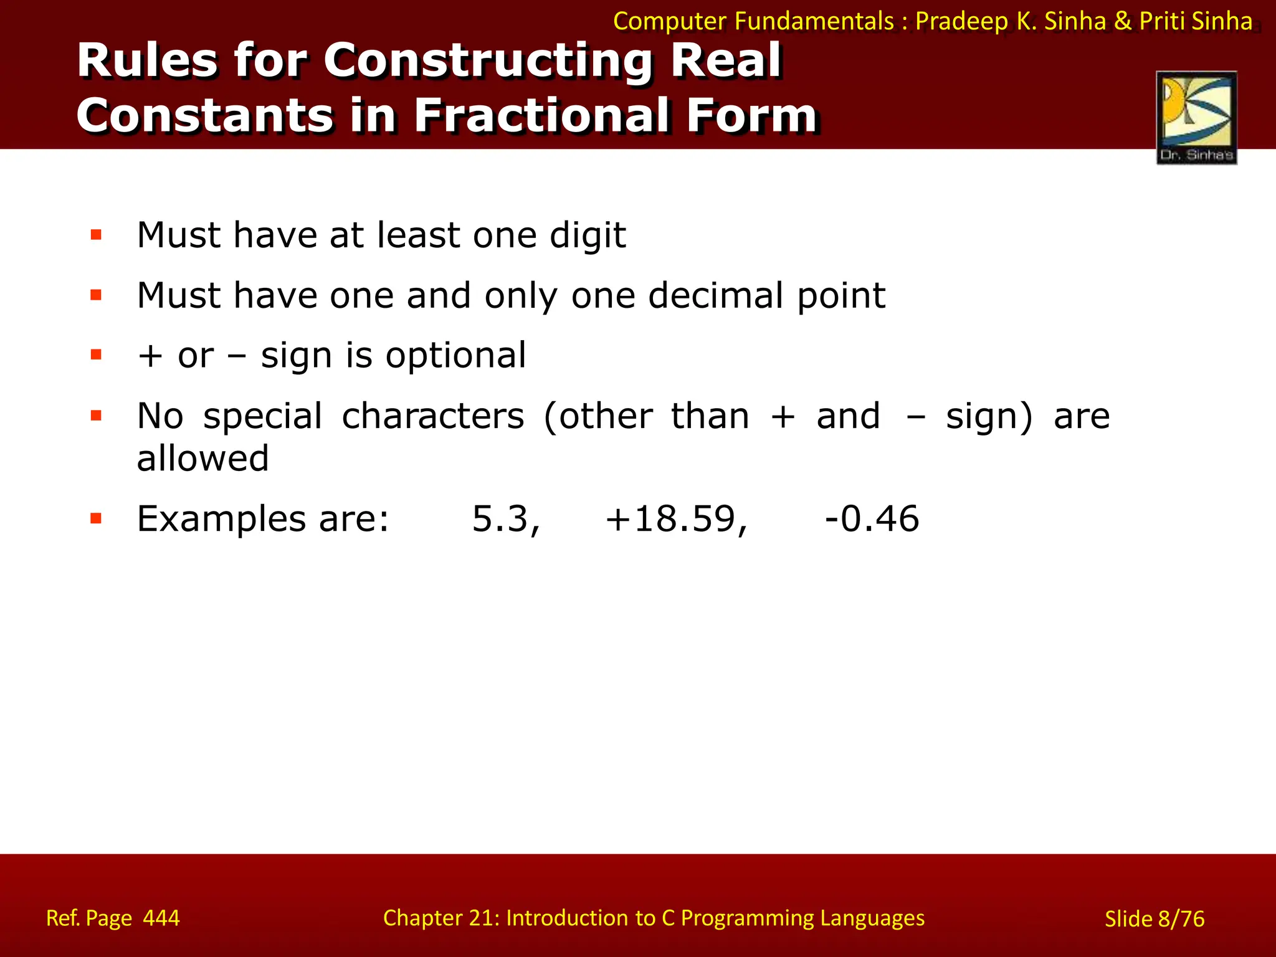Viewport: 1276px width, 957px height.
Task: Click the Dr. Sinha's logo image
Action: pyautogui.click(x=1196, y=117)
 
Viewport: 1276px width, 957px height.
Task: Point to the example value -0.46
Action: pyautogui.click(x=872, y=519)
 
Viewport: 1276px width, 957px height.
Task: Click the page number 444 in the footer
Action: pyautogui.click(x=161, y=918)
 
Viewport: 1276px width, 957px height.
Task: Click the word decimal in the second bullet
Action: pyautogui.click(x=715, y=295)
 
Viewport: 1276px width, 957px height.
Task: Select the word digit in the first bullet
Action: pyautogui.click(x=588, y=236)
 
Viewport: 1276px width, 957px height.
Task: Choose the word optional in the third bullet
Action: pyautogui.click(x=455, y=356)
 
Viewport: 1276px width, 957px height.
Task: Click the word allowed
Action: pyautogui.click(x=202, y=459)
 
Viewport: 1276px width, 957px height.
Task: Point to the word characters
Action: pyautogui.click(x=433, y=416)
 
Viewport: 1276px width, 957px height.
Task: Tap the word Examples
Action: pyautogui.click(x=221, y=519)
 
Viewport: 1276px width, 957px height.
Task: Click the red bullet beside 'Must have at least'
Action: pyautogui.click(x=96, y=235)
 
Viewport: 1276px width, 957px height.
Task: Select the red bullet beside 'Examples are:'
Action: pyautogui.click(x=96, y=518)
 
